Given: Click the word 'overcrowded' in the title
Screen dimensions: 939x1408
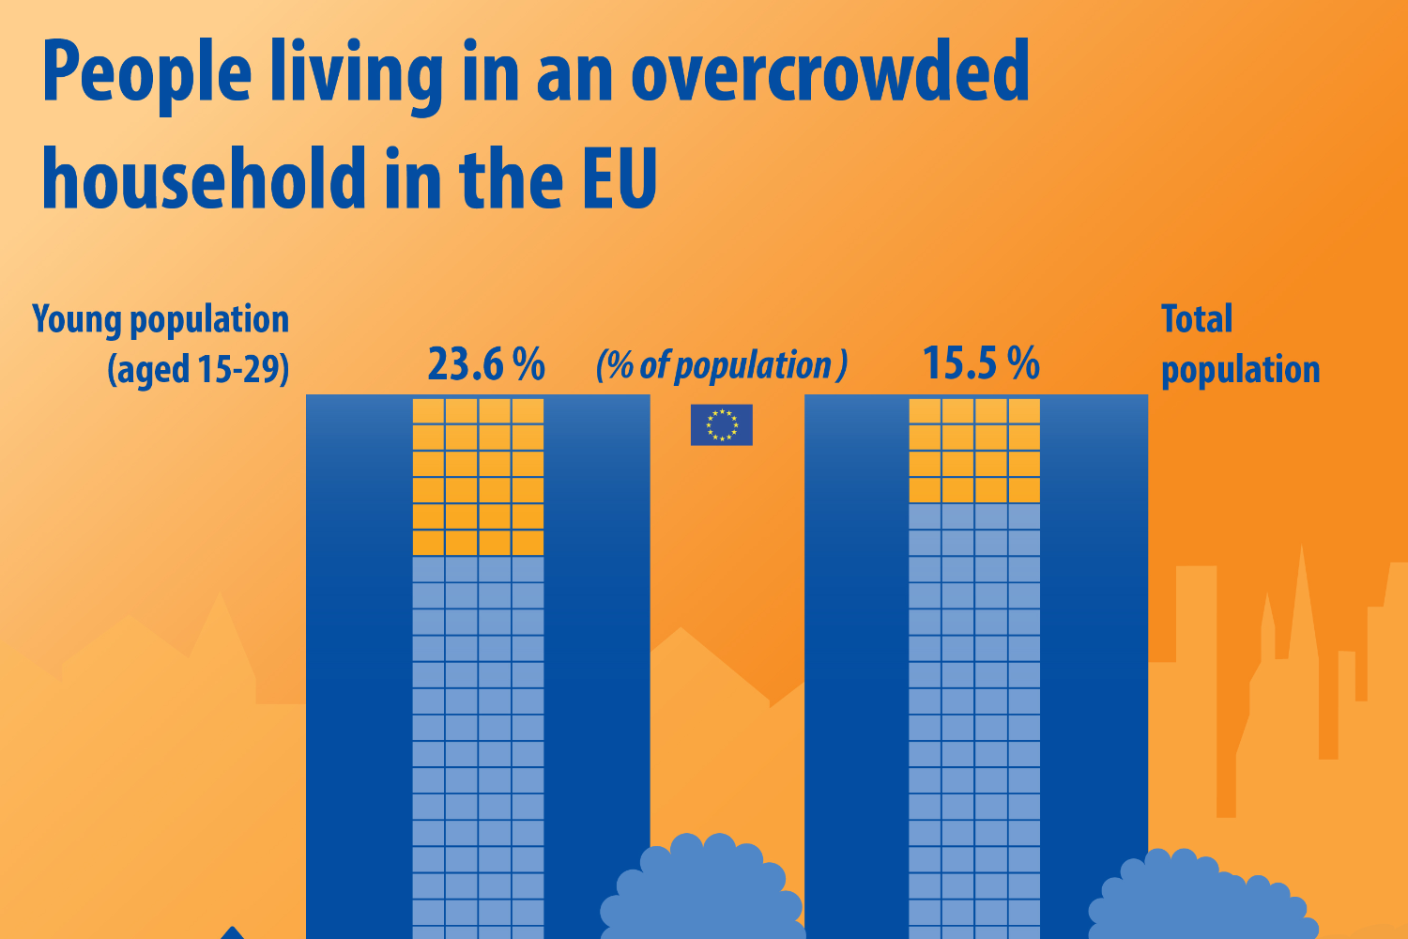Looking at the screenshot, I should (x=831, y=73).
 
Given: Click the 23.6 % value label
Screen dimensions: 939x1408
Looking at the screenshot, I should (x=486, y=363).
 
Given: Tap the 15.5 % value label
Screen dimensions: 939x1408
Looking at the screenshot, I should (x=981, y=363).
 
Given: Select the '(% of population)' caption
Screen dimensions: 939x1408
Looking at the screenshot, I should (x=722, y=365).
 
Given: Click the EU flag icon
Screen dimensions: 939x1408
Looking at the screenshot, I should (x=721, y=424).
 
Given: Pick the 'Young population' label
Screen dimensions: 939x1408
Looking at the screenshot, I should (x=161, y=319).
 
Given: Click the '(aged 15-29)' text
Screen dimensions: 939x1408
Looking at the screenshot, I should (x=198, y=369).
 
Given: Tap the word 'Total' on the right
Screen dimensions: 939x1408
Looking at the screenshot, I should (x=1197, y=319).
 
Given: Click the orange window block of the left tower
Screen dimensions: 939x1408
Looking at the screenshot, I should (x=479, y=477).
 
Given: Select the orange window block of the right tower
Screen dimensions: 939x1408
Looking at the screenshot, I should (x=974, y=451).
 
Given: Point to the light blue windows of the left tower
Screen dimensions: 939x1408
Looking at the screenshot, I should (x=479, y=742).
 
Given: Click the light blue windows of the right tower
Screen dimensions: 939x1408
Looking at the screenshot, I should (x=974, y=714).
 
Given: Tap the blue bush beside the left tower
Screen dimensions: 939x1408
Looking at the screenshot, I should (x=702, y=892).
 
